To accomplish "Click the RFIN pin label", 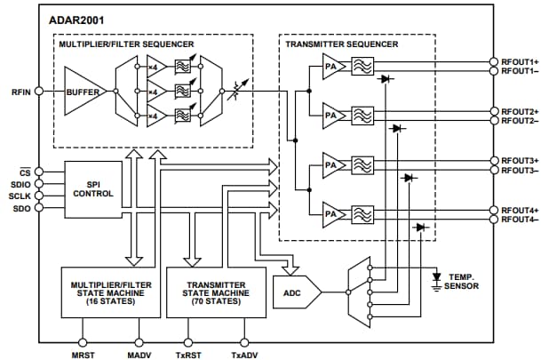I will tap(20, 92).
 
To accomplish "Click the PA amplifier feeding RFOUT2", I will tap(331, 115).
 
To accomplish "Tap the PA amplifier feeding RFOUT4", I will tap(331, 213).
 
